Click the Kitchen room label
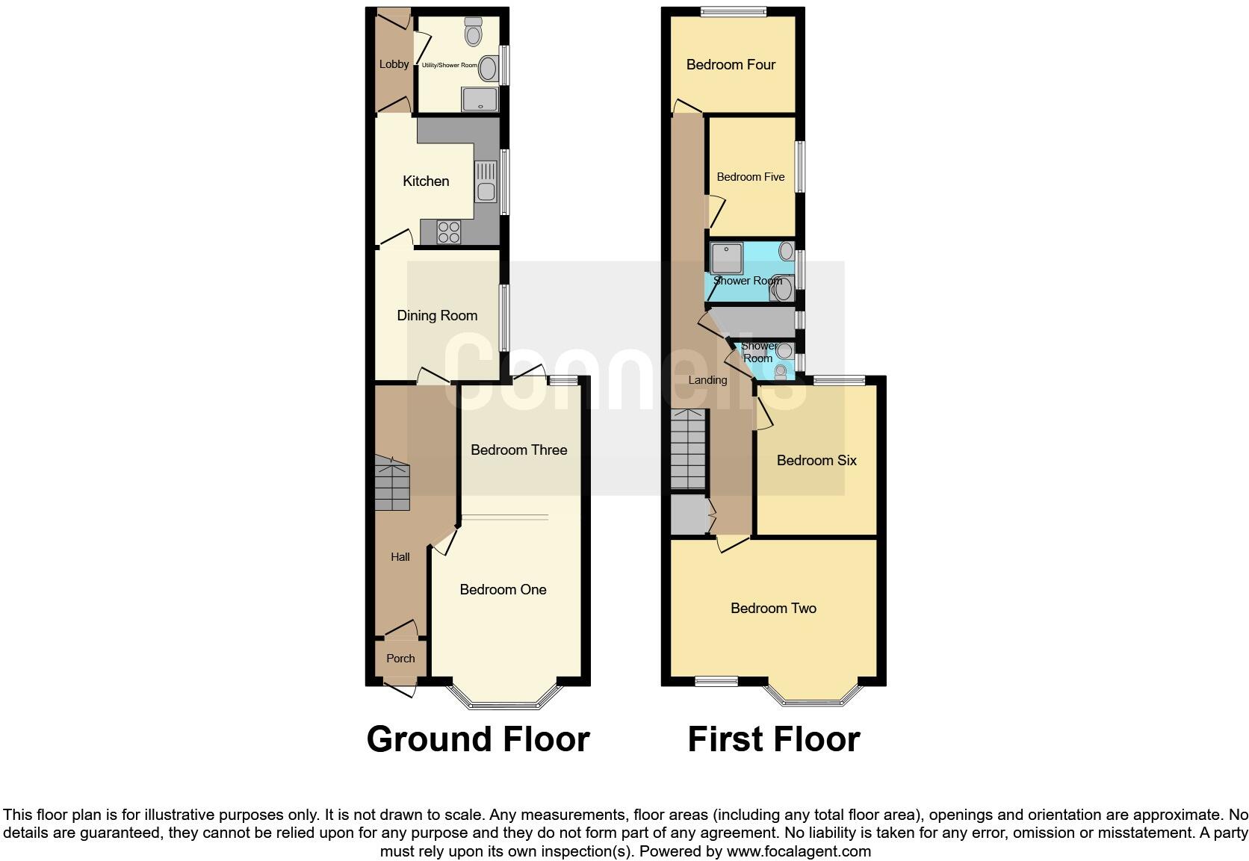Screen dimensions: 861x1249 coord(426,181)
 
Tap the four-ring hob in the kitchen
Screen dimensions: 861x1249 coord(449,232)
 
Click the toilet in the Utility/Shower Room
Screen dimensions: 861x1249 coord(474,32)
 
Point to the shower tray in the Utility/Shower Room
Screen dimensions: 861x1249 coord(480,99)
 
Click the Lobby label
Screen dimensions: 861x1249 coord(394,64)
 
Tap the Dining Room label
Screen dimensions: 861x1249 coord(437,316)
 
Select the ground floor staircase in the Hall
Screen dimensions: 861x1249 coord(391,485)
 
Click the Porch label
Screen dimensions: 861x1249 coord(400,659)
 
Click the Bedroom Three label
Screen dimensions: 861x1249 coord(518,450)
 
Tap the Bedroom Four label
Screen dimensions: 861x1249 coord(731,65)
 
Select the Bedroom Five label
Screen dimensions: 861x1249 coord(750,177)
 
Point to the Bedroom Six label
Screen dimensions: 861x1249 coord(816,461)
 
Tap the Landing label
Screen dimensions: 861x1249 coord(707,380)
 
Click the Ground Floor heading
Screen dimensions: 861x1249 coord(478,739)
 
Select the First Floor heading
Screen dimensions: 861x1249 coord(773,739)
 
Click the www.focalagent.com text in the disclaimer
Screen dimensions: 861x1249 coord(799,851)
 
